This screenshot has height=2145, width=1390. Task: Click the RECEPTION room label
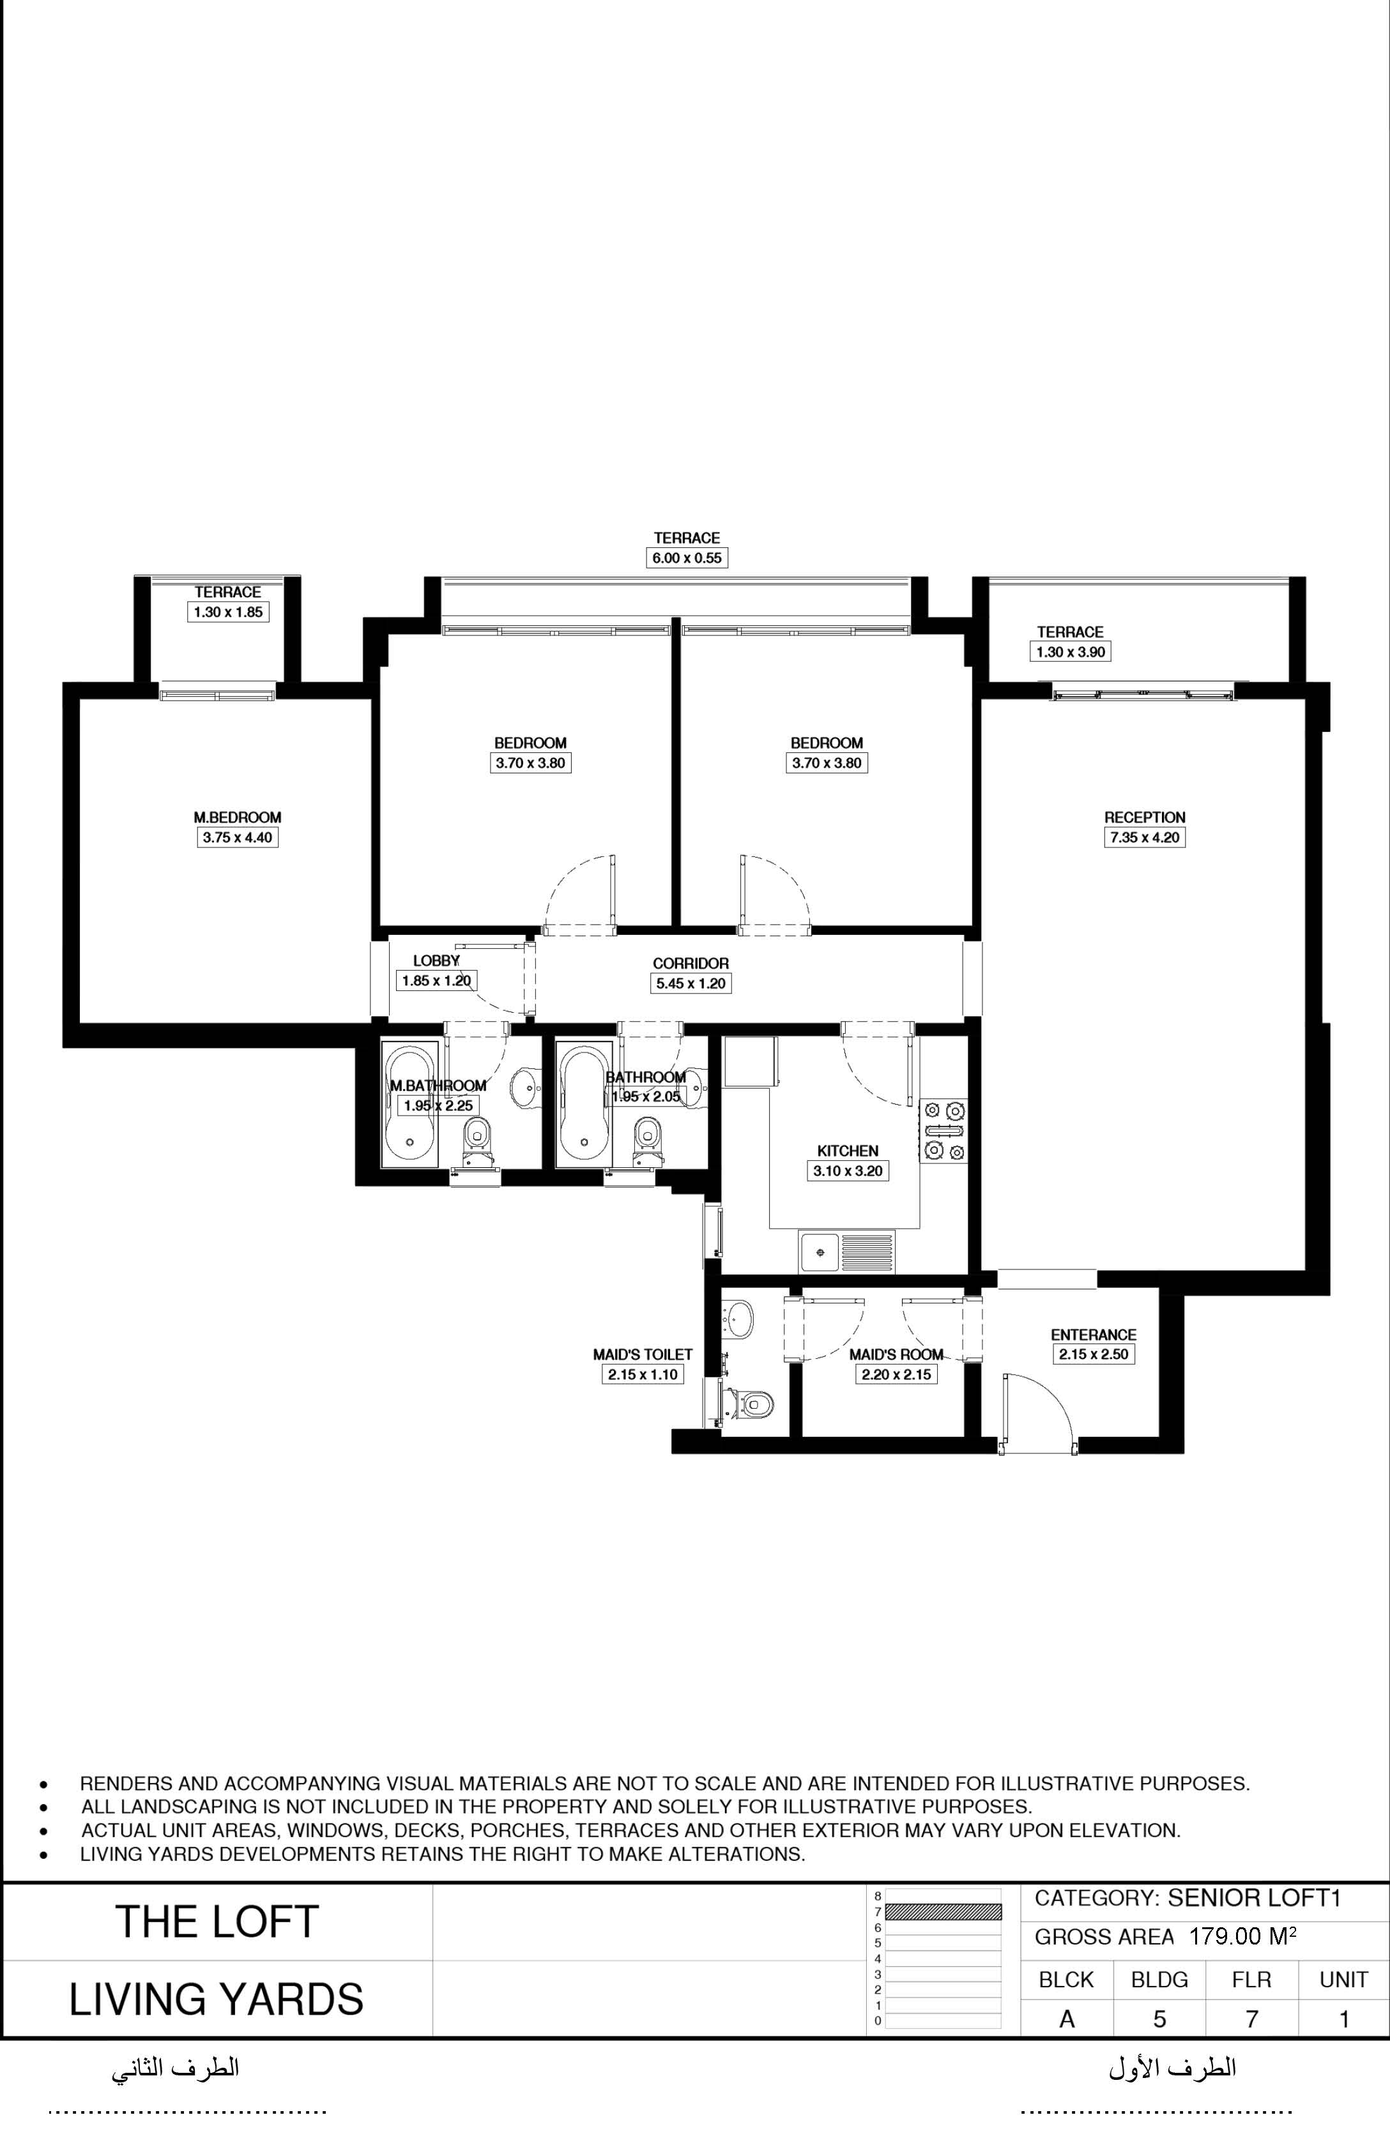(x=1145, y=817)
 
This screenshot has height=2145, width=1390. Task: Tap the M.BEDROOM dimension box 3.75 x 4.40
(x=237, y=837)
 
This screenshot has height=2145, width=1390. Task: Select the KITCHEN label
(x=847, y=1151)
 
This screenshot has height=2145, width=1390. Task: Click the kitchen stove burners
(x=943, y=1130)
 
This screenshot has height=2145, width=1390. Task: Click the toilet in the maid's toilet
(x=747, y=1404)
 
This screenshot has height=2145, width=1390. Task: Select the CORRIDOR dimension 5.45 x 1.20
(x=691, y=983)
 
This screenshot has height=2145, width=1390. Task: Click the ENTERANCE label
(x=1094, y=1335)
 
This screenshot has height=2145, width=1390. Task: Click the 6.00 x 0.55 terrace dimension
(x=687, y=558)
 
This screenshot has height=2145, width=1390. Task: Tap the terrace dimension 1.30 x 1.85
(x=228, y=612)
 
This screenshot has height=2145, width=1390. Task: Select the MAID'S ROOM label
(x=896, y=1354)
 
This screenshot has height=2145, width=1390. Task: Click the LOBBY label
(x=436, y=960)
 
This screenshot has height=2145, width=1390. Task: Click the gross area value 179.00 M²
(x=1243, y=1937)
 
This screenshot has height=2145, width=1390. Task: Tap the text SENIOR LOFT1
(x=1255, y=1898)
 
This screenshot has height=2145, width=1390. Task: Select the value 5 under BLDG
(x=1159, y=2019)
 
